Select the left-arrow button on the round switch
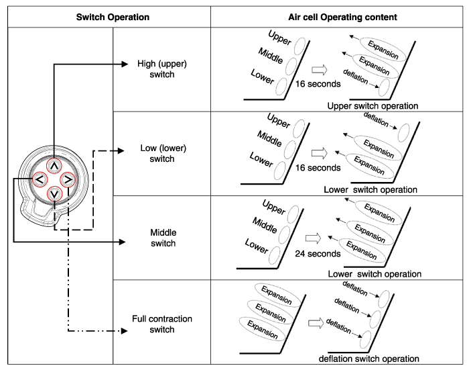click(x=39, y=180)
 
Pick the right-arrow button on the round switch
click(x=69, y=180)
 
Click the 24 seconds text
click(x=318, y=254)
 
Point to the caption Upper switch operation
click(x=373, y=106)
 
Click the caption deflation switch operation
click(x=373, y=359)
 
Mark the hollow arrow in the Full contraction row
click(x=316, y=322)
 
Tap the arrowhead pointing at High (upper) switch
click(x=123, y=64)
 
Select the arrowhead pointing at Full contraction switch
click(x=123, y=331)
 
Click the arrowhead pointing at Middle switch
click(x=123, y=241)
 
